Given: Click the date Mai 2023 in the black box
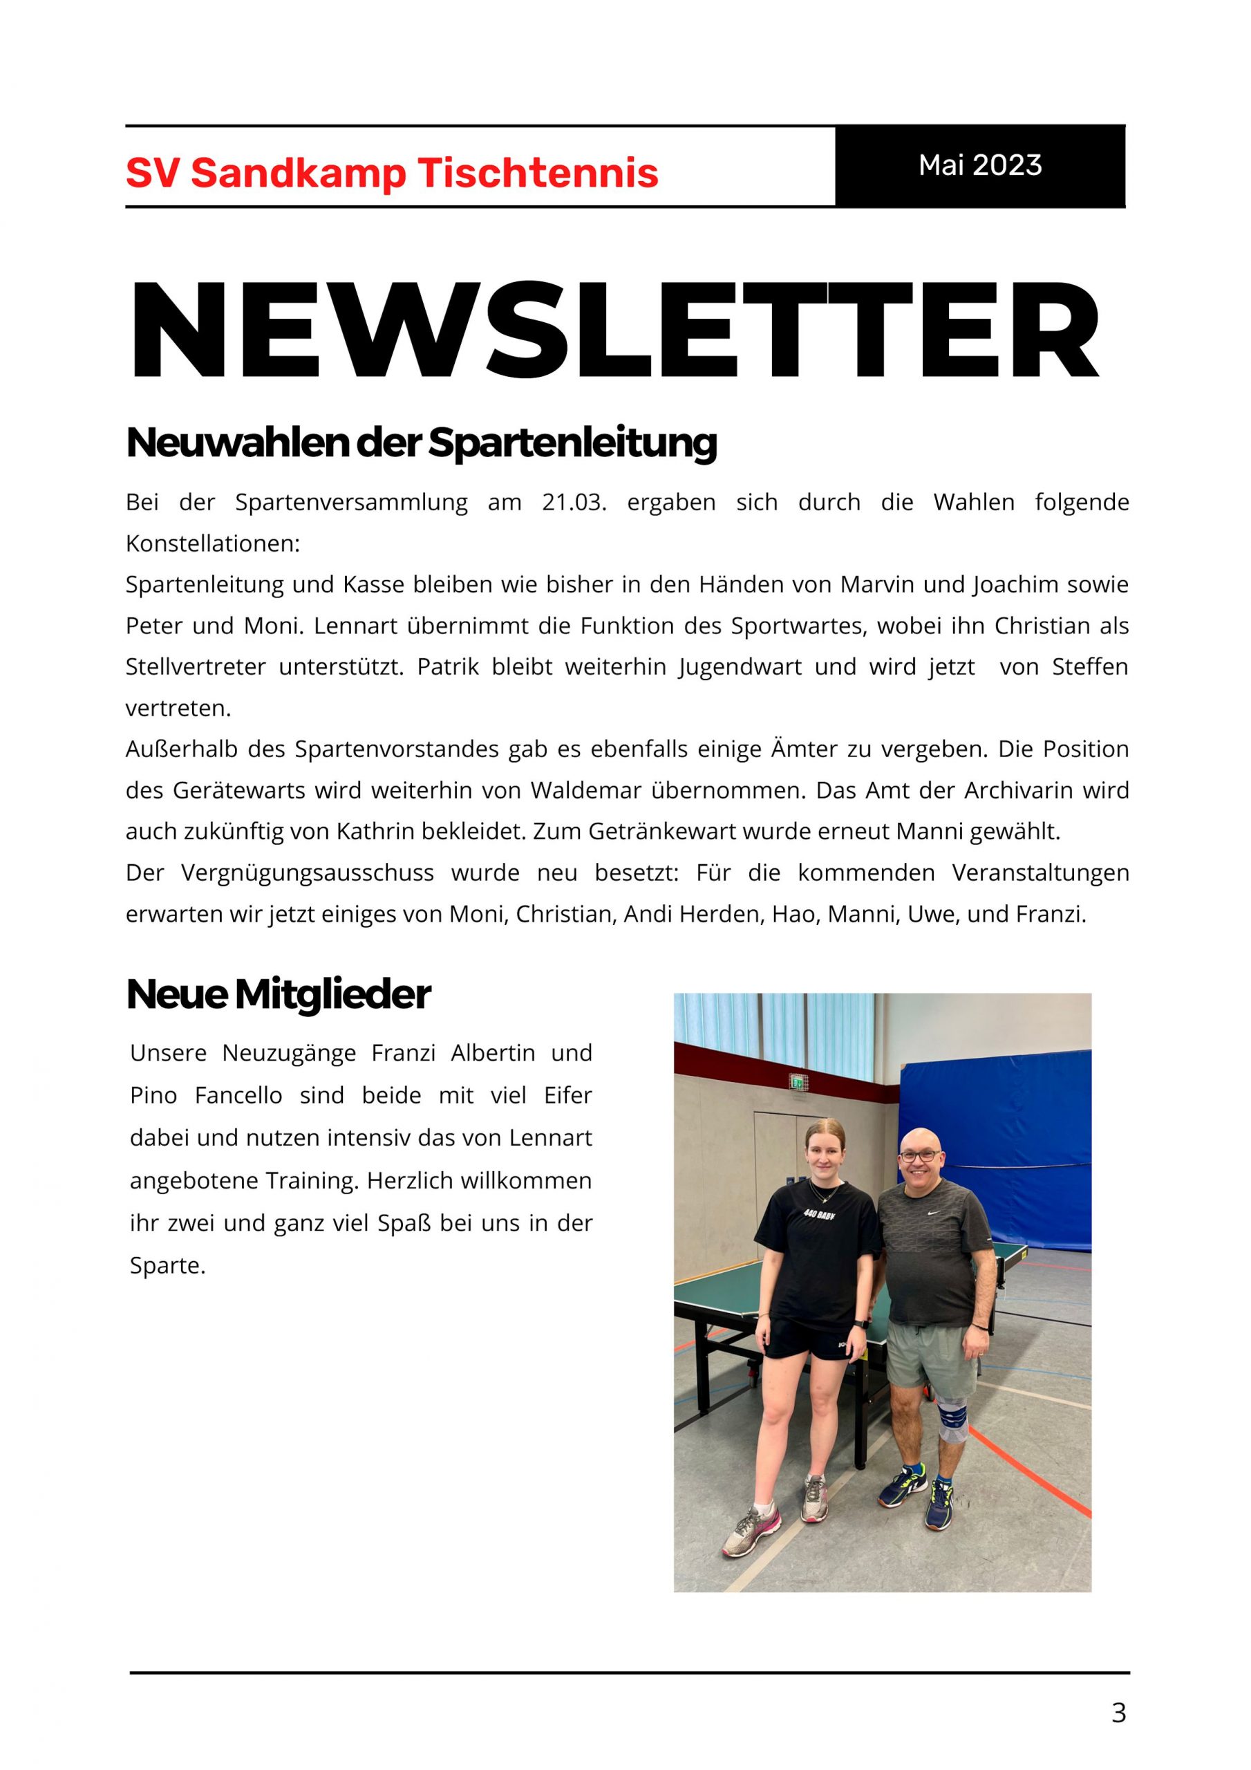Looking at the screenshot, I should pos(979,165).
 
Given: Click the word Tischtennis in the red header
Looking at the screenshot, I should pos(538,173).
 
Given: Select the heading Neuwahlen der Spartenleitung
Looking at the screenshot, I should pos(421,442).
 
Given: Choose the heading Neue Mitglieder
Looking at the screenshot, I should pos(279,994).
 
